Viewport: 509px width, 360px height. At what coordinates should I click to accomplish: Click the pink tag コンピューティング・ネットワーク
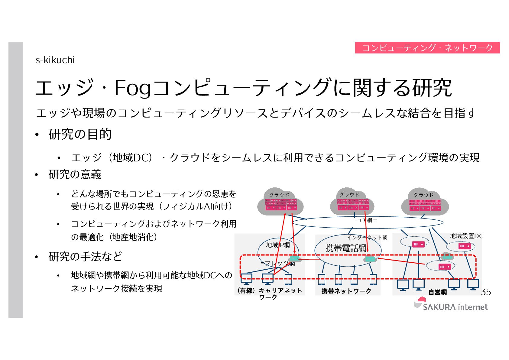[427, 48]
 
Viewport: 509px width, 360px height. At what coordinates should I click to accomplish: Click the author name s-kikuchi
[55, 60]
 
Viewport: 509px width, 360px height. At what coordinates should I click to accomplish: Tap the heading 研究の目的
[80, 134]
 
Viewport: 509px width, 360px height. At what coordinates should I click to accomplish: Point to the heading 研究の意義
[75, 174]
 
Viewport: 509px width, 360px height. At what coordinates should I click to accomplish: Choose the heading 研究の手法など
[85, 256]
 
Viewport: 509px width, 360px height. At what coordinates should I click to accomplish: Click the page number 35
[485, 292]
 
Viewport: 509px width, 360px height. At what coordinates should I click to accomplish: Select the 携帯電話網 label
[346, 248]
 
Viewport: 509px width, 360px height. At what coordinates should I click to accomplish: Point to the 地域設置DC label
[466, 236]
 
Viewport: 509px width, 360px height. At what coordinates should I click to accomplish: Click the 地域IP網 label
[277, 245]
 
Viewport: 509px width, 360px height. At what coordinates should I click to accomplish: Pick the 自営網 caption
[437, 292]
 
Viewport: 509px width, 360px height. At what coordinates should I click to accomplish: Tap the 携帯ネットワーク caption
[346, 291]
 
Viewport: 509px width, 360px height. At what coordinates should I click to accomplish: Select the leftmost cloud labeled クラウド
[280, 202]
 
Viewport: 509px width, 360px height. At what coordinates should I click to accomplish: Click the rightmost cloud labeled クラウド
[425, 202]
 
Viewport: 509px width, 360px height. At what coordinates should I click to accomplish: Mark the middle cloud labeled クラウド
[352, 202]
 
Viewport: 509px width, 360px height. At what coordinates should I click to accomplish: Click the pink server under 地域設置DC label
[465, 246]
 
